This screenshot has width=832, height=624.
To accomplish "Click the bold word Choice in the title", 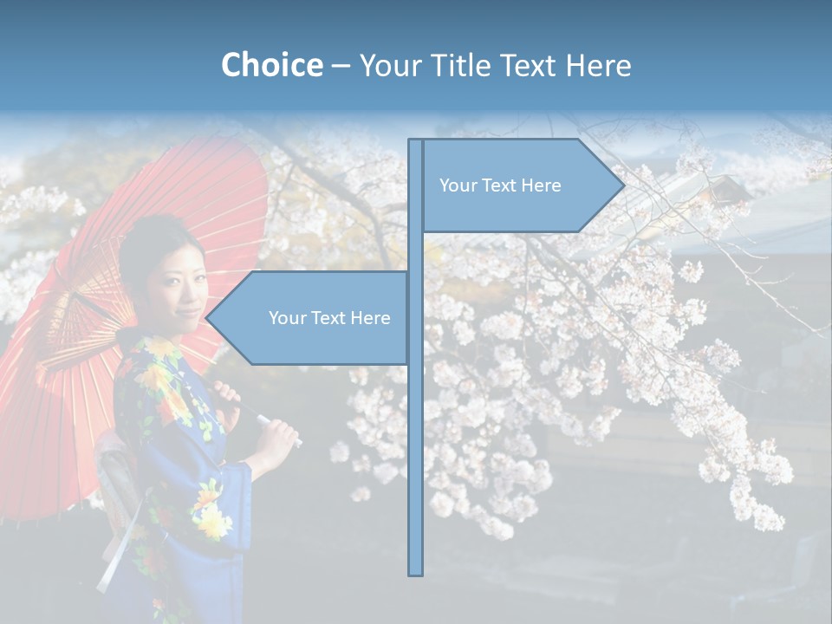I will [x=271, y=65].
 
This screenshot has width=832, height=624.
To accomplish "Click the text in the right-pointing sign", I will [x=500, y=185].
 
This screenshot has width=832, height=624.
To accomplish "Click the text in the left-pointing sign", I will [x=329, y=318].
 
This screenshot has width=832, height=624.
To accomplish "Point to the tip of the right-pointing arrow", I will [x=623, y=185].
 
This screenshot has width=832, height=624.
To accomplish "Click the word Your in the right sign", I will [x=457, y=185].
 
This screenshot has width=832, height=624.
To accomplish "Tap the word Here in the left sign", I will [x=370, y=318].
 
